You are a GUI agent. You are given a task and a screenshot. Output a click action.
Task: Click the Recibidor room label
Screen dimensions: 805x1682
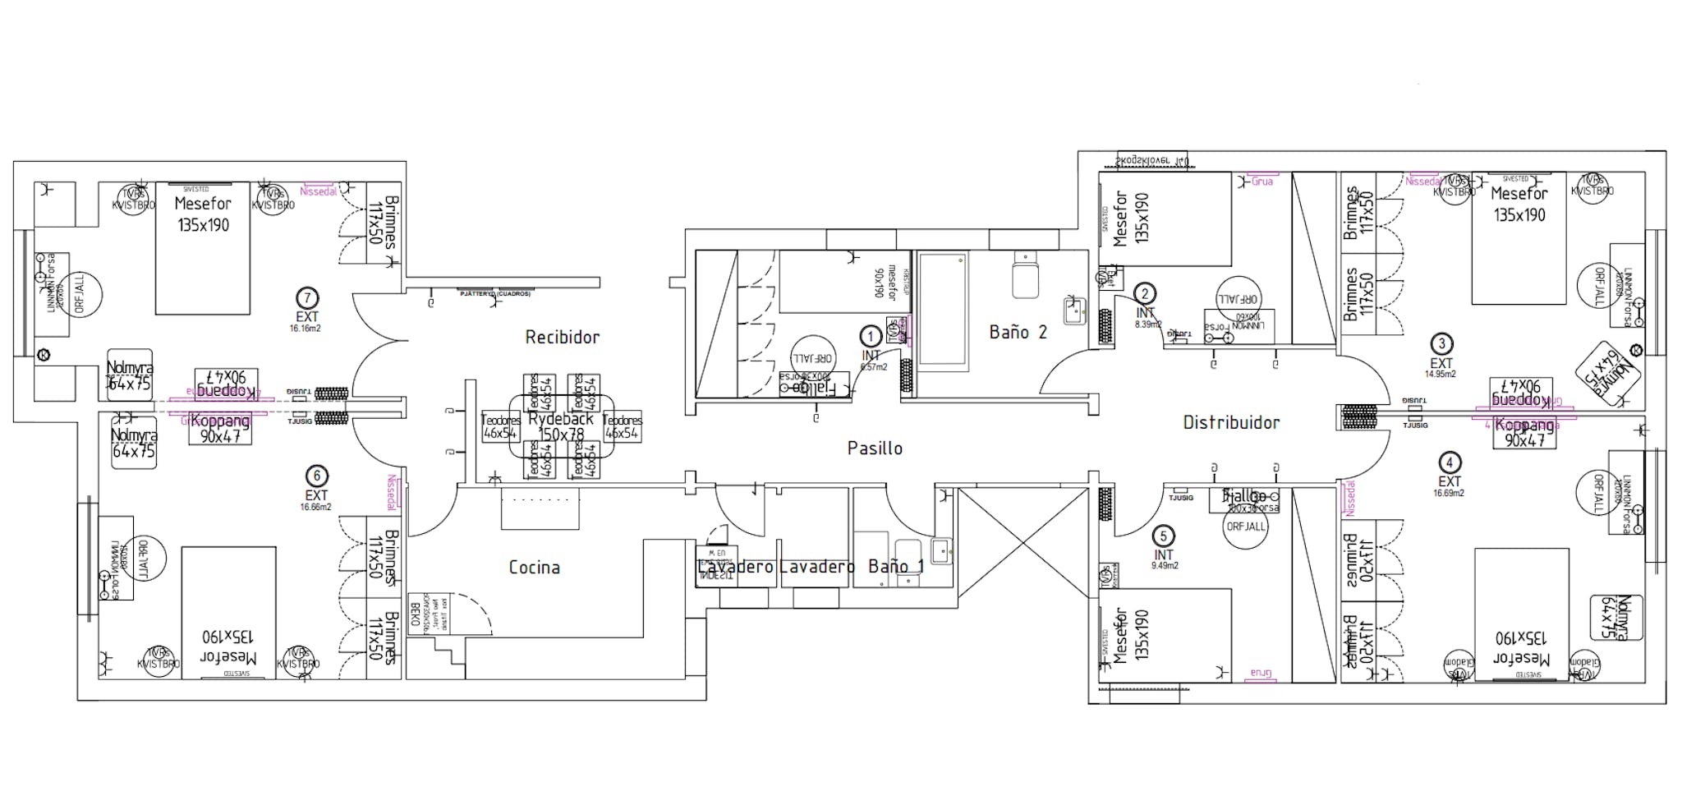click(562, 337)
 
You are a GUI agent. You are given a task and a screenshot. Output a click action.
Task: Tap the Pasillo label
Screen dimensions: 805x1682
click(875, 448)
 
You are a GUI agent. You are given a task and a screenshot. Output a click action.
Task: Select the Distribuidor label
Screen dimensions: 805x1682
click(1230, 422)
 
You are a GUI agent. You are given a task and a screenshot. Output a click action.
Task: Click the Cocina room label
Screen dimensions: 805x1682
click(534, 567)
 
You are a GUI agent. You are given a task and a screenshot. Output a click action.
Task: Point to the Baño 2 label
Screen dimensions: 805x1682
click(1018, 332)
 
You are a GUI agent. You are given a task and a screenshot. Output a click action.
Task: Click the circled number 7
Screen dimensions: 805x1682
click(307, 298)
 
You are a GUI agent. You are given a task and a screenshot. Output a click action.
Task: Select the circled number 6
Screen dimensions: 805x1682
click(316, 476)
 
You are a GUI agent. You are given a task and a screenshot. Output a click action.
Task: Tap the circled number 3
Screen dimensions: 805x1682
click(1441, 344)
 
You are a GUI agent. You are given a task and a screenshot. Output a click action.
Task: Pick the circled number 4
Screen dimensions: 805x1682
click(1450, 462)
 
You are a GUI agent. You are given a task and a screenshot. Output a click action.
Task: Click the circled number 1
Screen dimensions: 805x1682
click(871, 336)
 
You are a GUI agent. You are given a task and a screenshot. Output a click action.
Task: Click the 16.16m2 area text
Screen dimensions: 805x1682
click(305, 329)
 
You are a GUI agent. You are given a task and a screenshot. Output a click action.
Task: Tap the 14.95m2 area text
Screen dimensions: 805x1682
click(1440, 374)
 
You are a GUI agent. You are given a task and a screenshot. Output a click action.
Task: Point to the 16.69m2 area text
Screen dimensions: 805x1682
click(1449, 494)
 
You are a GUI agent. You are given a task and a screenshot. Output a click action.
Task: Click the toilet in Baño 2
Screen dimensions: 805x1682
click(1027, 275)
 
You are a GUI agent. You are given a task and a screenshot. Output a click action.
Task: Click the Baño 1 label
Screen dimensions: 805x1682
click(895, 566)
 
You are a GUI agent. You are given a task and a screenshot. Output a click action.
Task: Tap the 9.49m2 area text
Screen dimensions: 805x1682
click(1164, 566)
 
